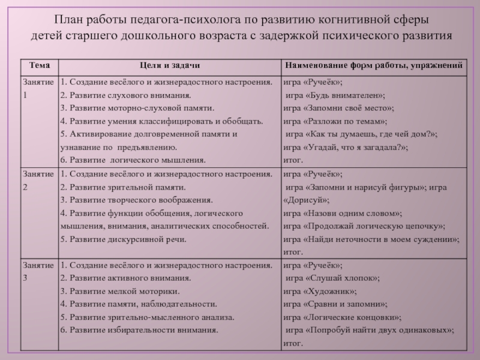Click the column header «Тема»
[35, 65]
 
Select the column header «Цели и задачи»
[169, 65]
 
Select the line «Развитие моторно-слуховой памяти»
[137, 108]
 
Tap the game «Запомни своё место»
[338, 108]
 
